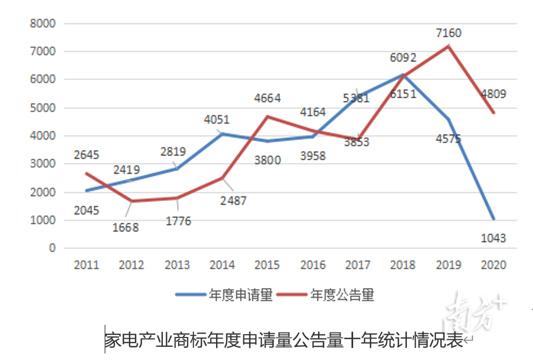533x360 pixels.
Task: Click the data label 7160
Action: click(x=449, y=33)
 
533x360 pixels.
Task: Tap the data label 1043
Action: click(x=493, y=238)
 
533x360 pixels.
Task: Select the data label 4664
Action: click(x=268, y=99)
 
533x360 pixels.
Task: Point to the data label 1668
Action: click(x=126, y=228)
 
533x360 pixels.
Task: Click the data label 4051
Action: click(x=217, y=120)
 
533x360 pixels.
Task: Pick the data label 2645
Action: click(x=86, y=155)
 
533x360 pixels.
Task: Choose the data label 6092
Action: click(x=404, y=58)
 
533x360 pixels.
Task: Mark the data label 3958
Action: click(x=313, y=156)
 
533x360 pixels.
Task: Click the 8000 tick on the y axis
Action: click(x=43, y=24)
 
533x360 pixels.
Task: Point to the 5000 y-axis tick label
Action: click(x=43, y=108)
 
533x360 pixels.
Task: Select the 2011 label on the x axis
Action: click(x=86, y=265)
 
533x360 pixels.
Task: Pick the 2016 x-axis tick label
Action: click(x=313, y=265)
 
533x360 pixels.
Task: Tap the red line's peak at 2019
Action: click(x=448, y=46)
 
